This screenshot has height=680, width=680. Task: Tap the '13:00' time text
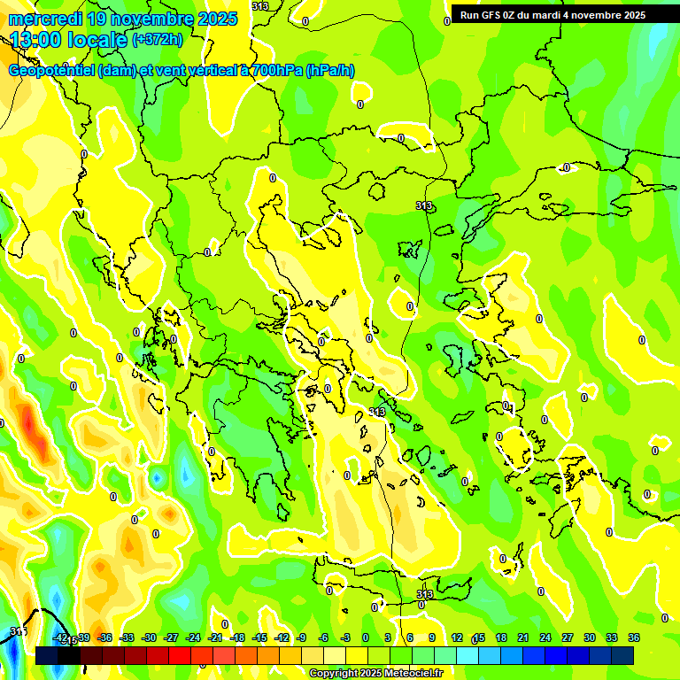pos(36,40)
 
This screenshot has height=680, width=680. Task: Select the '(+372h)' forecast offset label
pos(158,40)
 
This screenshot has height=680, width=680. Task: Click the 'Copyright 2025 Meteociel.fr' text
pos(375,674)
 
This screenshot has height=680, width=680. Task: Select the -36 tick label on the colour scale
pos(104,637)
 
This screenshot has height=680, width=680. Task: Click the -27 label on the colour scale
pos(171,637)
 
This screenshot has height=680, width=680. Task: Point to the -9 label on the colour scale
pos(301,637)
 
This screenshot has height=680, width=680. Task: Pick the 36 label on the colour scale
pos(634,637)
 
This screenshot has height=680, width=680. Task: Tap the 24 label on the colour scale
pos(545,637)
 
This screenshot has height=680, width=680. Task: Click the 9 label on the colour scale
pos(432,637)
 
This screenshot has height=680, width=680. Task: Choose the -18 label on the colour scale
pos(236,637)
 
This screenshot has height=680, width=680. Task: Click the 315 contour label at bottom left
pos(18,631)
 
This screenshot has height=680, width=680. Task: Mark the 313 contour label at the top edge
pos(260,6)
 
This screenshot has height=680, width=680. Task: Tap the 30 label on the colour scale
pos(590,637)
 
